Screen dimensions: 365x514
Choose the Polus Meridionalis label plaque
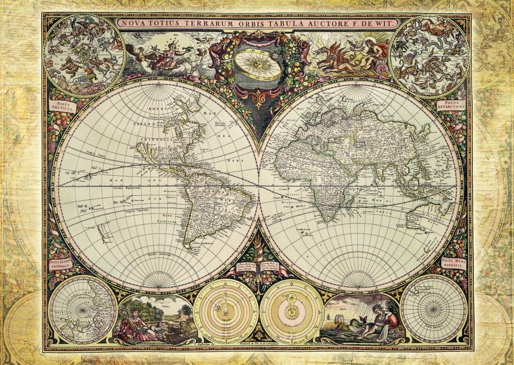454,263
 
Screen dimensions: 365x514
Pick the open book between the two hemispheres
257,268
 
